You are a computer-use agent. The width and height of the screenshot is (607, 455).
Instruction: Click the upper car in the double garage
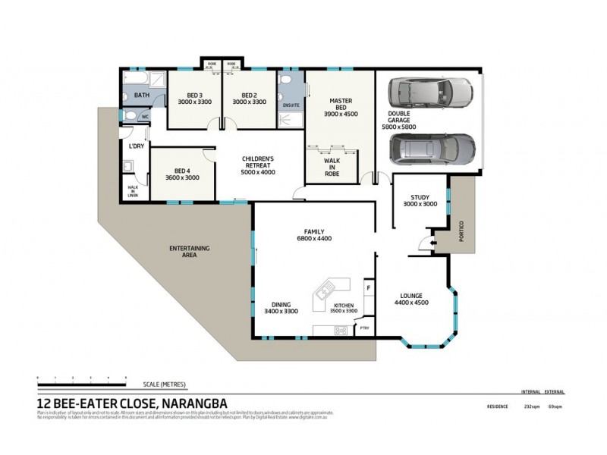pyautogui.click(x=429, y=96)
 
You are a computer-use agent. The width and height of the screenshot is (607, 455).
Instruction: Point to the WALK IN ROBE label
pyautogui.click(x=332, y=167)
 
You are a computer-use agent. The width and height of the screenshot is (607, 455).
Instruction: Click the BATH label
pyautogui.click(x=142, y=96)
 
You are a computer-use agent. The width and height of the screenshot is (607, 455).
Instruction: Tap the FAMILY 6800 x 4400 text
pyautogui.click(x=315, y=235)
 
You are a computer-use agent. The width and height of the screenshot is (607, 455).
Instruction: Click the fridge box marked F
pyautogui.click(x=368, y=288)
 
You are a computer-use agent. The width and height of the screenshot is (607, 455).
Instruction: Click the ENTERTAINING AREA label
pyautogui.click(x=190, y=252)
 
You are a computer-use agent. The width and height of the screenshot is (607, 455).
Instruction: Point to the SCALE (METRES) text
pyautogui.click(x=164, y=384)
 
